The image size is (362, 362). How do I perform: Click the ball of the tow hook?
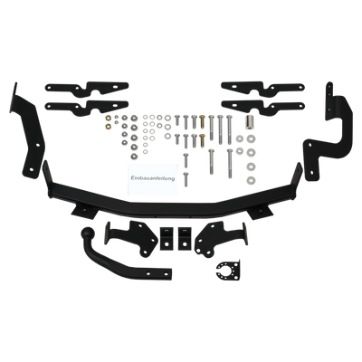89,233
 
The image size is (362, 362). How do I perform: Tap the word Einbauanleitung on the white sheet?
153,178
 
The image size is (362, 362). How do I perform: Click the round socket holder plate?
229,271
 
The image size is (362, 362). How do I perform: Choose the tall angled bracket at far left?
29,133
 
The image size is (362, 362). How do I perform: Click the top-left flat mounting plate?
87,89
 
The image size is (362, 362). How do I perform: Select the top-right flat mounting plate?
262,88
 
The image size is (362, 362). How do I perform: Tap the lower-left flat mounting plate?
87,108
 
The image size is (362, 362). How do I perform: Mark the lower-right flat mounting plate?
262,107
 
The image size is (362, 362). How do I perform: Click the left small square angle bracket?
166,238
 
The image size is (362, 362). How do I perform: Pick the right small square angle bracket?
184,238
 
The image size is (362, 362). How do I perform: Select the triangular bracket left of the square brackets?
133,238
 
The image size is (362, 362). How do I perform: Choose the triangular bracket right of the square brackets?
220,238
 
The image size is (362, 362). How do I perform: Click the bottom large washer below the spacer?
251,180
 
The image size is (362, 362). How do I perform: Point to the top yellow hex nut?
109,118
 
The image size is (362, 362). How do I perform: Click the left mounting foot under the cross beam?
84,211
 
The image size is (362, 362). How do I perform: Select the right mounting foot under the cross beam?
260,211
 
